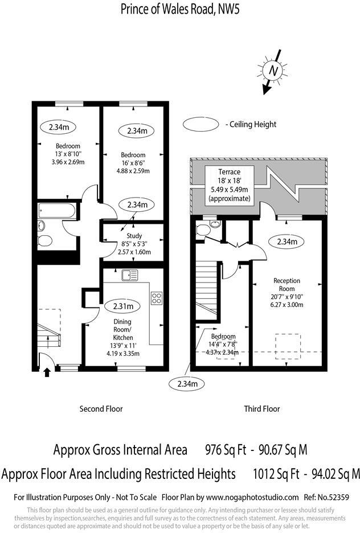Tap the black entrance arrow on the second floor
point(47,372)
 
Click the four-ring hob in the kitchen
point(156,298)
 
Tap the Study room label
point(134,236)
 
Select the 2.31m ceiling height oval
point(126,306)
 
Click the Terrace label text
point(230,171)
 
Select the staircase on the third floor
point(207,290)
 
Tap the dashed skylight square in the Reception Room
point(288,345)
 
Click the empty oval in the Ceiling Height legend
point(201,124)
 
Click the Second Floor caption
point(101,408)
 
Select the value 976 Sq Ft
point(225,450)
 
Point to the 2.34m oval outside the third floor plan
point(187,384)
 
